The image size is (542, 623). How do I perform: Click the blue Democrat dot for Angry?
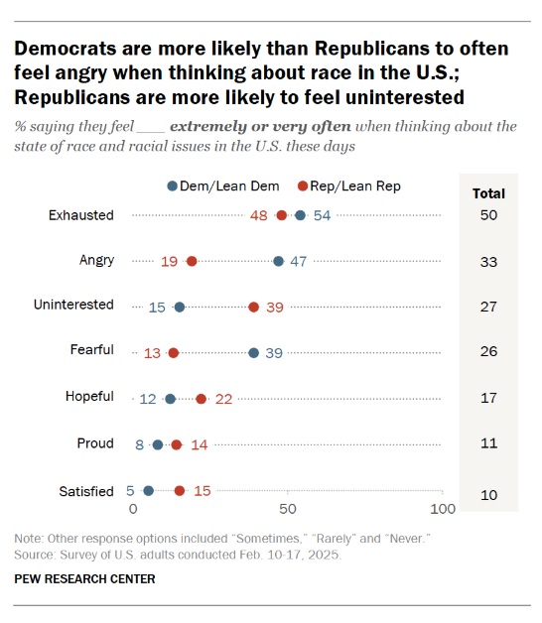[279, 261]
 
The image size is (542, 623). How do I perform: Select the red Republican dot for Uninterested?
[254, 307]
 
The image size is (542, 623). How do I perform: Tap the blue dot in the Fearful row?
[254, 352]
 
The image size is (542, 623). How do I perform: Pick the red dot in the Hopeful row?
[202, 398]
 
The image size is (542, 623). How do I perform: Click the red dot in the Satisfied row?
[180, 490]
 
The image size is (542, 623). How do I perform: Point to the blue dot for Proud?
[158, 444]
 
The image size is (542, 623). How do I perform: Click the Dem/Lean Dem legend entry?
[225, 186]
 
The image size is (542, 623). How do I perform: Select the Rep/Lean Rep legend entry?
[348, 186]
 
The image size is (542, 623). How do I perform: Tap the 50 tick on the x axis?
[288, 509]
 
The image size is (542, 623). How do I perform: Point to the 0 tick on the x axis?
[134, 509]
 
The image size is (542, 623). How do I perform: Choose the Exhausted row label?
[81, 214]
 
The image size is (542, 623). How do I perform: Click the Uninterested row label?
[72, 306]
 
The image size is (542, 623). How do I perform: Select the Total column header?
[488, 193]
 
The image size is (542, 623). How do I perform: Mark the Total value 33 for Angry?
[488, 261]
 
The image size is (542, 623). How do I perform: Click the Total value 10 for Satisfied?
[488, 494]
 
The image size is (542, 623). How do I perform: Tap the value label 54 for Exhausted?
[322, 215]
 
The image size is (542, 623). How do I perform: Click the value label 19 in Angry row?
[169, 261]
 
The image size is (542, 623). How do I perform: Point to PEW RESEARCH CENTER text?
[84, 578]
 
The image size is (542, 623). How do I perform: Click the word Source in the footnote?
[35, 555]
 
